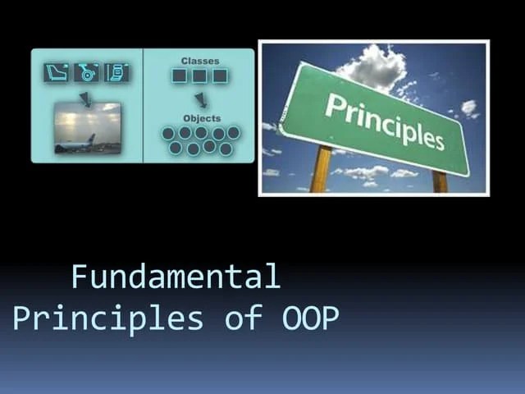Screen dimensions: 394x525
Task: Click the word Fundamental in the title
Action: (x=176, y=277)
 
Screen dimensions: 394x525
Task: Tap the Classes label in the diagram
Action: (x=199, y=61)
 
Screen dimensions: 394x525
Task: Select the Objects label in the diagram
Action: (x=201, y=118)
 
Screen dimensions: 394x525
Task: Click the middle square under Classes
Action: (x=199, y=76)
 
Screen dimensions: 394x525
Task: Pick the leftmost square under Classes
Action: (x=180, y=76)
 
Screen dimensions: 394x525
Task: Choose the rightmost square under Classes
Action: (x=220, y=76)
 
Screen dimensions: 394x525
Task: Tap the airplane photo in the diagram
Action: (x=88, y=128)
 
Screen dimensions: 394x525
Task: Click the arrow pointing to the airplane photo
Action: (x=84, y=98)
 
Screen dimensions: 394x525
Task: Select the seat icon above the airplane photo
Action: (x=56, y=72)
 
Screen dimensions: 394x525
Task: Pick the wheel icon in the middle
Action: (x=86, y=72)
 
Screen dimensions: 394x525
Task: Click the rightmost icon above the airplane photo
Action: (x=116, y=72)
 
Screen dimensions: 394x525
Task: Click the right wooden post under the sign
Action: (x=440, y=181)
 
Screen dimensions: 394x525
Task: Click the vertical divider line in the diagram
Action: (x=144, y=105)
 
